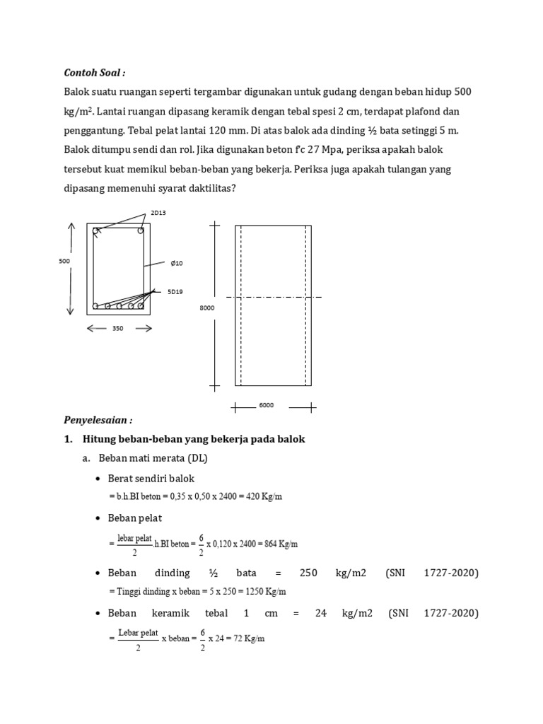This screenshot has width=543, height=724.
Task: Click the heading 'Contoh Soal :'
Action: (95, 73)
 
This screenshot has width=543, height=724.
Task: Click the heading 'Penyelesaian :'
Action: (98, 420)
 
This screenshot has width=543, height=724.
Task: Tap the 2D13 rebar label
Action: (158, 213)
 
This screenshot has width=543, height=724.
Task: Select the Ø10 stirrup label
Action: (176, 263)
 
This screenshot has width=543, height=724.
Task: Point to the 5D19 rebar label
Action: (175, 291)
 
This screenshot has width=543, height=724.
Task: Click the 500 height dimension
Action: (64, 261)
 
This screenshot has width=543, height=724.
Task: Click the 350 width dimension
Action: (118, 328)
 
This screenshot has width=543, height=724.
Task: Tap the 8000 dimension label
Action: (206, 308)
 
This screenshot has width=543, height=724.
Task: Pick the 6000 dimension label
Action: (267, 405)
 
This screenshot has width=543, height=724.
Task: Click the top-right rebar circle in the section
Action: (141, 230)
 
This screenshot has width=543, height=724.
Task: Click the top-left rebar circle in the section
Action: (95, 230)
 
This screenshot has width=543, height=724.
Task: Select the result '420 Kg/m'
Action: (263, 496)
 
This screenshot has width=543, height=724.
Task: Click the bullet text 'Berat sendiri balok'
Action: (151, 479)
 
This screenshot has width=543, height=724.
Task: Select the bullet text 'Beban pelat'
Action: (134, 518)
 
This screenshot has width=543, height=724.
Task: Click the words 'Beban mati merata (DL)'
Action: (153, 458)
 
